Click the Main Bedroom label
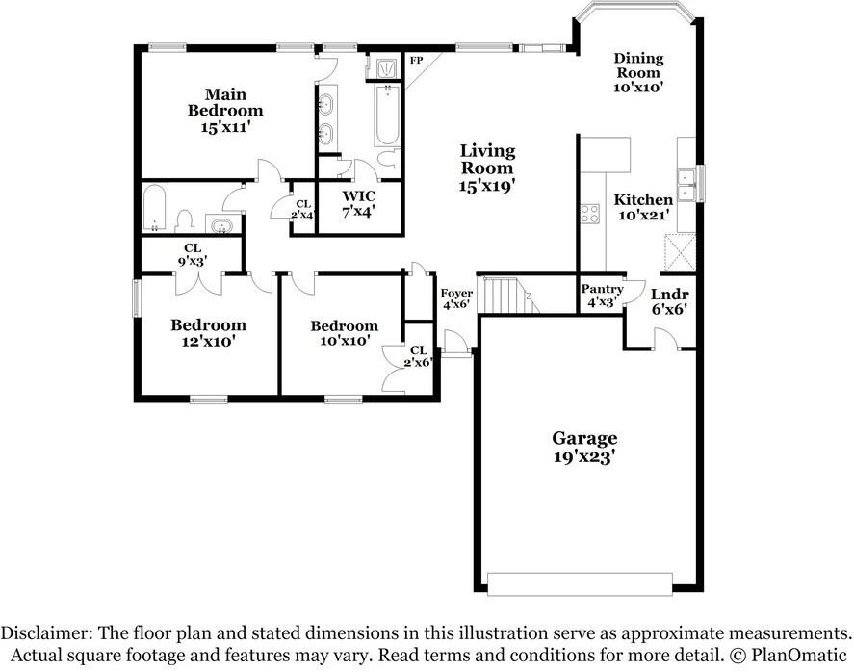coord(224,110)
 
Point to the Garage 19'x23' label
coord(584,447)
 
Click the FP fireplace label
coord(417,61)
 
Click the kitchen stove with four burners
coord(589,214)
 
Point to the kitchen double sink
coord(686,184)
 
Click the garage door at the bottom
coord(580,583)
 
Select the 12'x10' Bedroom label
coord(208,332)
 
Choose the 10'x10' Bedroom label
coord(344,333)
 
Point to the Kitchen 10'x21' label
coord(643,207)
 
